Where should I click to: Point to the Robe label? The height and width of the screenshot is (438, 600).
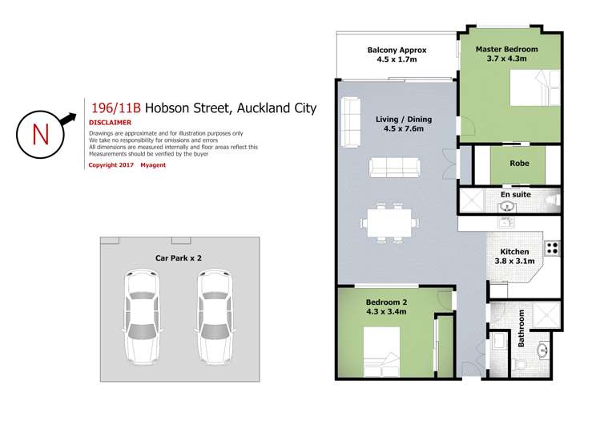[x=519, y=164]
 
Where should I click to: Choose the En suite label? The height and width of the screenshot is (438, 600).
[x=516, y=194]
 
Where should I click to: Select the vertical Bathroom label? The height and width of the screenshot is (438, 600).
[x=521, y=328]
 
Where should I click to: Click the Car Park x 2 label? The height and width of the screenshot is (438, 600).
[x=178, y=258]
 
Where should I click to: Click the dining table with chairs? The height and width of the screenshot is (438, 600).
[x=392, y=221]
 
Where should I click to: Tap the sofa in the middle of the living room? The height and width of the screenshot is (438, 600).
[x=393, y=167]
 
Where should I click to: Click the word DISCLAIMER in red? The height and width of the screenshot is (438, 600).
[x=110, y=123]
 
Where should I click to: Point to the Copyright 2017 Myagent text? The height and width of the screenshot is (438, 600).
[x=124, y=164]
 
